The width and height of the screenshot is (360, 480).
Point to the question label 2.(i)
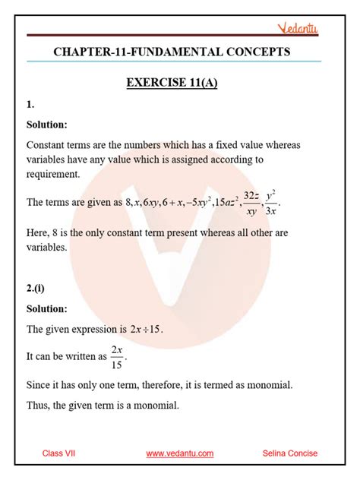[x=36, y=288]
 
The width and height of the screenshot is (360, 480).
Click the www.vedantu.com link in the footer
[x=179, y=453]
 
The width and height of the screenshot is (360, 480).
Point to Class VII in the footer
[x=58, y=453]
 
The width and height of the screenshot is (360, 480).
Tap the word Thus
[x=39, y=406]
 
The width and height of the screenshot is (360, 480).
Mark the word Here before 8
[x=38, y=232]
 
